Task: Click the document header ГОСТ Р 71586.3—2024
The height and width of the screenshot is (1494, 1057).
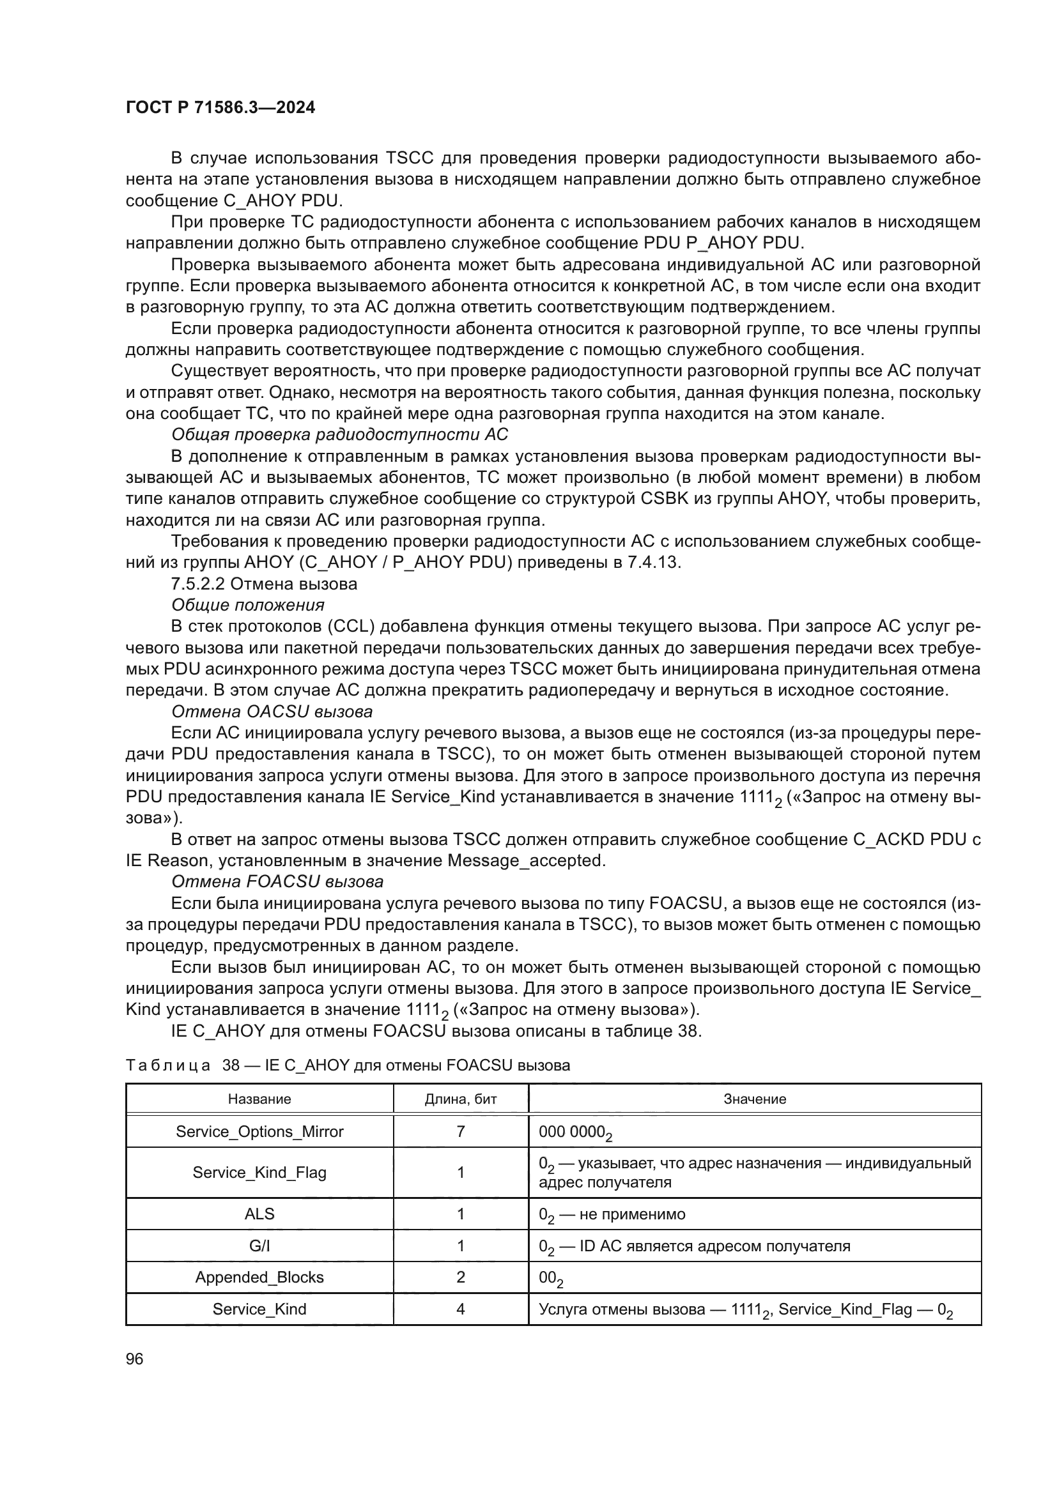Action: coord(220,108)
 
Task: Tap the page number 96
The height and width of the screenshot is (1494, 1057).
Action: coord(134,1359)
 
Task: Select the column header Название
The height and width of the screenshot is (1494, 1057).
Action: coord(259,1099)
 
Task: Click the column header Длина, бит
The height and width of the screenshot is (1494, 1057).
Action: coord(460,1099)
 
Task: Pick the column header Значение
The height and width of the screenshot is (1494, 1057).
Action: coord(754,1099)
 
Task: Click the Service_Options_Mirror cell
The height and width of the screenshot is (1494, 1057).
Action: coord(259,1132)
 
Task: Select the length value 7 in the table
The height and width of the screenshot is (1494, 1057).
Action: coord(460,1132)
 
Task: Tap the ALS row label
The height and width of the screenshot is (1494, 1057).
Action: coord(259,1214)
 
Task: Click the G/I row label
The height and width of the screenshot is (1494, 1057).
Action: coord(259,1246)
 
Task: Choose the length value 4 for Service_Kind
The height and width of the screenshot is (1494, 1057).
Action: coord(460,1309)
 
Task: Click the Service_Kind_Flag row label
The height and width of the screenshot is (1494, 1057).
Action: coord(259,1173)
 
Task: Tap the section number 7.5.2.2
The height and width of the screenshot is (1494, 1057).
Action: coord(198,584)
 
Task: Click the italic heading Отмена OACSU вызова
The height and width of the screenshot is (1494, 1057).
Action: coord(272,711)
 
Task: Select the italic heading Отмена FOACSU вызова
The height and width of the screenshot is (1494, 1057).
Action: coord(277,881)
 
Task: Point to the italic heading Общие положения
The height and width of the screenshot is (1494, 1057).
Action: coord(247,605)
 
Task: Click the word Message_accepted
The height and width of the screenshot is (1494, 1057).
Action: coord(525,860)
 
